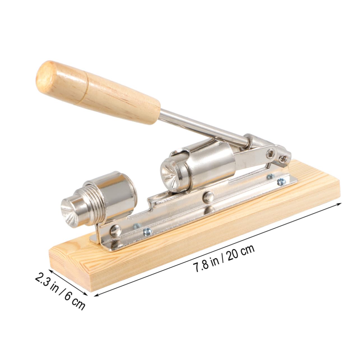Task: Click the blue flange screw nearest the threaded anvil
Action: coord(147,231)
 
